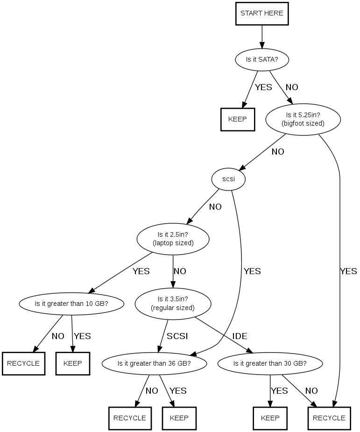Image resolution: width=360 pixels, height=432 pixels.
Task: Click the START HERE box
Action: (261, 13)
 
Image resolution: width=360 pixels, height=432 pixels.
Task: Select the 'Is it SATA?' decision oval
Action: (261, 60)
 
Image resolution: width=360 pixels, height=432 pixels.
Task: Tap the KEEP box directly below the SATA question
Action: (238, 119)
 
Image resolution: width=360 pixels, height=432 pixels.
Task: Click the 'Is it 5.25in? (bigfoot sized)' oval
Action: (303, 119)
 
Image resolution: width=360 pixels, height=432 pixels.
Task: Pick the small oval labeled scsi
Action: (228, 178)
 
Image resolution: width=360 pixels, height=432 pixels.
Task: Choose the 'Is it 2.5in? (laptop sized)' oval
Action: (173, 239)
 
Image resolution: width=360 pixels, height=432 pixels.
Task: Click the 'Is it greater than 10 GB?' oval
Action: (72, 304)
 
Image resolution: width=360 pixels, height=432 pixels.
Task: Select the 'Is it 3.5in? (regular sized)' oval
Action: (173, 304)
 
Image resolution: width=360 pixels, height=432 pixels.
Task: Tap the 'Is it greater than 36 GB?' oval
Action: (154, 363)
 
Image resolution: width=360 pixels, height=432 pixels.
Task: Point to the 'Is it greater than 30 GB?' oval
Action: (270, 363)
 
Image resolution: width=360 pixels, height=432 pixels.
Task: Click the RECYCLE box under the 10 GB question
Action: (23, 363)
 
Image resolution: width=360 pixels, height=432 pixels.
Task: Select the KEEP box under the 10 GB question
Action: (72, 363)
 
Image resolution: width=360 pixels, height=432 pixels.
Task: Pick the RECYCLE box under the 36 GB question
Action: (130, 418)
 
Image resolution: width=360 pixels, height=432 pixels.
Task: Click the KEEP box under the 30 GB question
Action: (270, 418)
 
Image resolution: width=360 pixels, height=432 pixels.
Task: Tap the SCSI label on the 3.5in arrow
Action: (177, 336)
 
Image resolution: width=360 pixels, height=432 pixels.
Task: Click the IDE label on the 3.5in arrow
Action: (240, 336)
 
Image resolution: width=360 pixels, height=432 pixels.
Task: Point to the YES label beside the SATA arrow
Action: (263, 87)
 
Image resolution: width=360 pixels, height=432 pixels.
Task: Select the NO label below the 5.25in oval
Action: (277, 152)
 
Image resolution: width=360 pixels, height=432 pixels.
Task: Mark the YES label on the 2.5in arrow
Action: (141, 271)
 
